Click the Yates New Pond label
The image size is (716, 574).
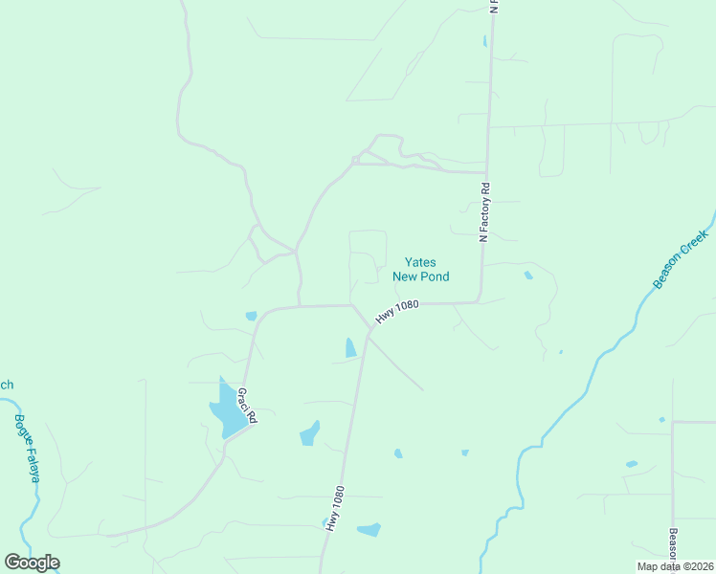click(x=421, y=269)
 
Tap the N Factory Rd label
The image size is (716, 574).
click(x=485, y=211)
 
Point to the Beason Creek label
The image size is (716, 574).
click(x=681, y=258)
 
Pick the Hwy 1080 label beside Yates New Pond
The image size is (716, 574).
click(x=397, y=312)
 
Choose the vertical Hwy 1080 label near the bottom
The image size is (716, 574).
click(x=334, y=508)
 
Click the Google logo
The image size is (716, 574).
click(x=32, y=563)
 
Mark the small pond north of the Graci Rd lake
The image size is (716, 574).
click(x=251, y=316)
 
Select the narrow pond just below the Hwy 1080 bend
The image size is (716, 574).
click(x=350, y=348)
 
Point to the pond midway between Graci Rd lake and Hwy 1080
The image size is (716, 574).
click(x=309, y=433)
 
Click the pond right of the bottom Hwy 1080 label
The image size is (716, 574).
click(x=369, y=529)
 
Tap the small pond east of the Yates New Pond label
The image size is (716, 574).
click(x=528, y=276)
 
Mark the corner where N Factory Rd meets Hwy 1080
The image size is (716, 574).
click(x=479, y=302)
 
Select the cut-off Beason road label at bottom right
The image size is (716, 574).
click(x=673, y=548)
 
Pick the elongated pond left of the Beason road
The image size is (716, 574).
click(x=632, y=464)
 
